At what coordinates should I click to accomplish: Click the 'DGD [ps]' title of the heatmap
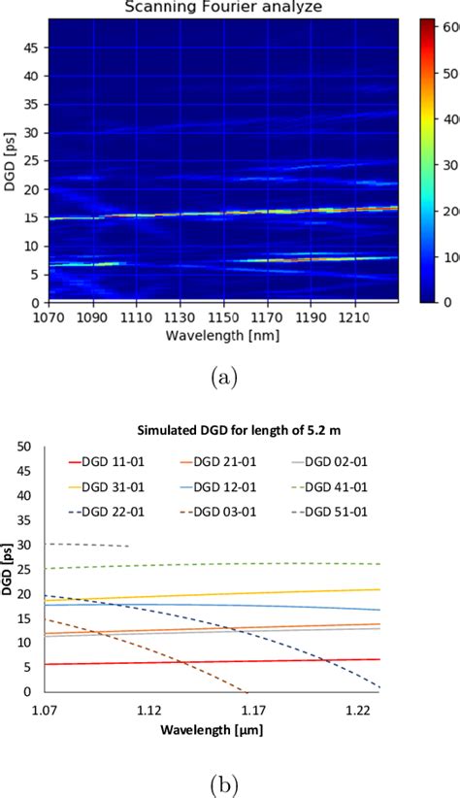tap(13, 160)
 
